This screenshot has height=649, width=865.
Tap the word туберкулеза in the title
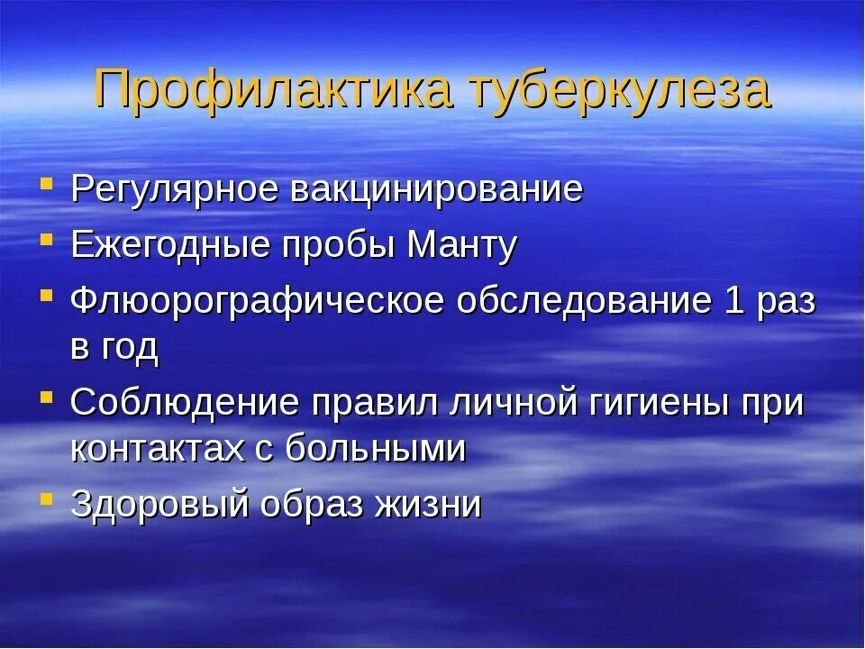pos(620,89)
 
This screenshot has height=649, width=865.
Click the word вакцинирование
pos(436,191)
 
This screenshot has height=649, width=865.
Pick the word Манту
pos(463,246)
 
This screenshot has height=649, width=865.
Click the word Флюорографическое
pos(257,301)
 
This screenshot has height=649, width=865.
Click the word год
pos(128,348)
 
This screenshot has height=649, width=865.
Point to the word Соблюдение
pos(184,403)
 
